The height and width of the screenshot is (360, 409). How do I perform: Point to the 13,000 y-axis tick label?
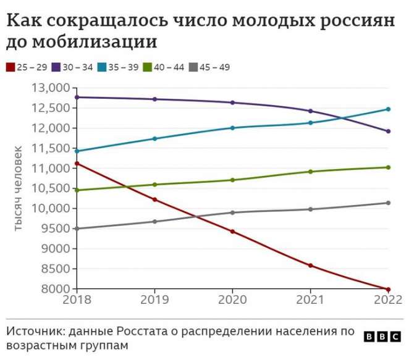tap(51, 88)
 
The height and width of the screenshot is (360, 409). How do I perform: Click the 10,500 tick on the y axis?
tap(51, 188)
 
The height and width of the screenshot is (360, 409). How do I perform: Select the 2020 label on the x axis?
tap(232, 299)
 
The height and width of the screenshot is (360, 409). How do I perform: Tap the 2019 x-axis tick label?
tap(154, 299)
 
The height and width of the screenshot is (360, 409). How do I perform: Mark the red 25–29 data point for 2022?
tap(388, 289)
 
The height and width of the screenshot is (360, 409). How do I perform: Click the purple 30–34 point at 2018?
tap(77, 97)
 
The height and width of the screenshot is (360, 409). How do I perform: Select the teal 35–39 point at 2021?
tap(310, 123)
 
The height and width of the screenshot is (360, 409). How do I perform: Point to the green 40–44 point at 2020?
tap(232, 180)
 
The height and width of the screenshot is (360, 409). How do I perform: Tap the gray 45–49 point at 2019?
tap(154, 222)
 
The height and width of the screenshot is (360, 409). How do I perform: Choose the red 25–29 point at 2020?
tap(232, 232)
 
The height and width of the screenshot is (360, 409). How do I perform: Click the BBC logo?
tap(381, 337)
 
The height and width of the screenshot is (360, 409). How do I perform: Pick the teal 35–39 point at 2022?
tap(388, 109)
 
